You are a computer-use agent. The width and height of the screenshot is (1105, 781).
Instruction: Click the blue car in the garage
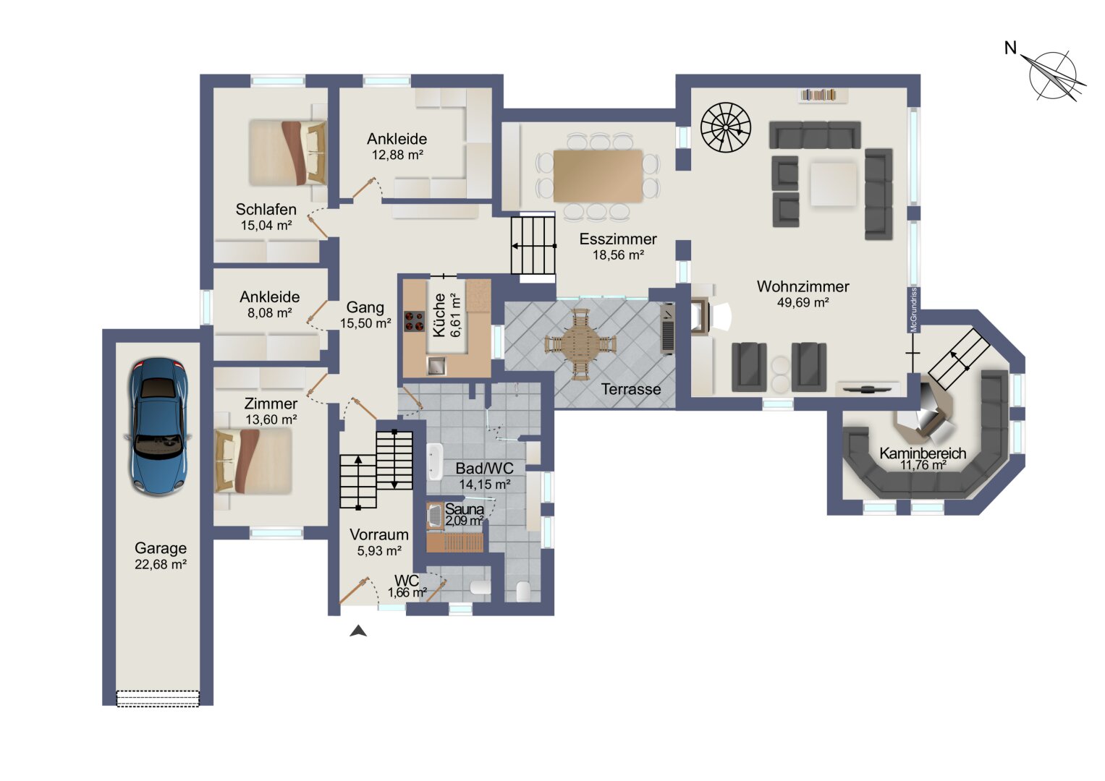pos(158,427)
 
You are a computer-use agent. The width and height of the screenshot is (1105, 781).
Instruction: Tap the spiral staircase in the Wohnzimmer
pos(726,127)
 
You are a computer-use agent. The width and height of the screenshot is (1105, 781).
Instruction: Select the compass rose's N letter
pos(1011,48)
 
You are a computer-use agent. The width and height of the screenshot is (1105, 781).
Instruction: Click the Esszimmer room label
pos(617,239)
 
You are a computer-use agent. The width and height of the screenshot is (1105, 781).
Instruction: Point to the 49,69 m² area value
pos(803,302)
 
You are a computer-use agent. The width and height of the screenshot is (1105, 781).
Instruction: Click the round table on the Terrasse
pos(580,343)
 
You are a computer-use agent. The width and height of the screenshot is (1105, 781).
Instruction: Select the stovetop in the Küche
pos(415,321)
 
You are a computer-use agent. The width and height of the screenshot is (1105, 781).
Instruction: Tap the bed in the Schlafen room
pos(287,153)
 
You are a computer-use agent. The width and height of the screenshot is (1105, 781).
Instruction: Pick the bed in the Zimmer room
pos(253,461)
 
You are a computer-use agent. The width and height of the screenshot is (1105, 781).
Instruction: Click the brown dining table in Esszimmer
pos(598,176)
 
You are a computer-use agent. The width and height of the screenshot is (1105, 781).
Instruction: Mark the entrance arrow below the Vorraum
pos(358,631)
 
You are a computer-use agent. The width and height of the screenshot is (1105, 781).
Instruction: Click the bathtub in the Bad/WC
pos(435,462)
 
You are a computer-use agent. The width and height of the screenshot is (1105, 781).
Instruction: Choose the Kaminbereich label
pos(923,453)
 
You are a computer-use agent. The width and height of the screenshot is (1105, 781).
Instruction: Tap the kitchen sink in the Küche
pos(436,366)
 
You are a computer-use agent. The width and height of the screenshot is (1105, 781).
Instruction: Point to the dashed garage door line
pos(158,699)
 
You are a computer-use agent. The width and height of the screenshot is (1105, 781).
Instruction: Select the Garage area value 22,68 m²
pos(161,564)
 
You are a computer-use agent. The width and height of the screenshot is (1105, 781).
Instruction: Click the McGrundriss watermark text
pos(914,310)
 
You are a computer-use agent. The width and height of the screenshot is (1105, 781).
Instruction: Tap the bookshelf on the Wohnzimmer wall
pos(818,94)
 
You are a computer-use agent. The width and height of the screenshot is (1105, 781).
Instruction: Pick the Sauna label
pos(464,509)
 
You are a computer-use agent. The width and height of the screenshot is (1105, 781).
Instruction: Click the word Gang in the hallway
pos(365,307)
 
